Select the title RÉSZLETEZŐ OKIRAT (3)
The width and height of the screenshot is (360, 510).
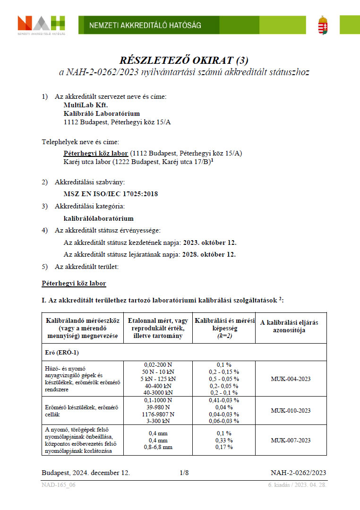point(184,61)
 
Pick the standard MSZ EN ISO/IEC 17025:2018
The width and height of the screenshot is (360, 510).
point(111,194)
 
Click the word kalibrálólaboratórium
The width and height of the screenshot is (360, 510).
point(98,218)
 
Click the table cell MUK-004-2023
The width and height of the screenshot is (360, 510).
point(291,379)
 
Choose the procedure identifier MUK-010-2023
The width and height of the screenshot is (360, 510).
point(291,410)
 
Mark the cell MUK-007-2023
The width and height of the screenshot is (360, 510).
point(291,440)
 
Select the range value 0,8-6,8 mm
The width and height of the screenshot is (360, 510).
point(158,447)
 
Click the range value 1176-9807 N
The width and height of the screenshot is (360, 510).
point(158,414)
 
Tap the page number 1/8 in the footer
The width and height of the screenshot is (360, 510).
point(184,473)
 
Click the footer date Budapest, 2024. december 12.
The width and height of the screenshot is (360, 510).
point(86,473)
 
